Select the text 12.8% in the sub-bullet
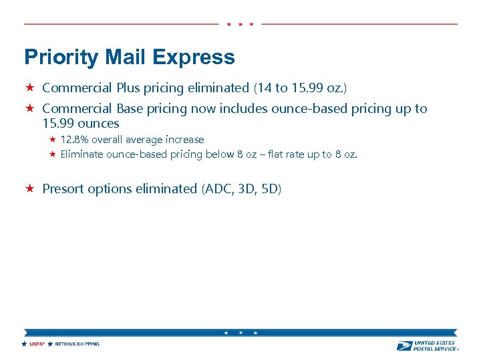pos(74,140)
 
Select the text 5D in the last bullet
pos(271,189)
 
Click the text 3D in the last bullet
pos(248,189)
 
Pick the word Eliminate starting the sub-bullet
pos(82,154)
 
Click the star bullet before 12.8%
pos(53,140)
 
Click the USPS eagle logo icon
pos(404,346)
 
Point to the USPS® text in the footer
pos(36,344)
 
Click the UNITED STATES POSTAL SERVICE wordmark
pos(435,346)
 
